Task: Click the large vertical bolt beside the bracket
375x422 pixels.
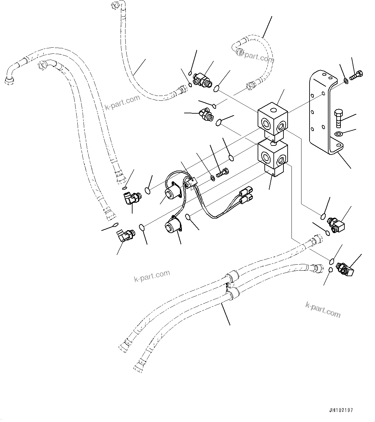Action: (338, 119)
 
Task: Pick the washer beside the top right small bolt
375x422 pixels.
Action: (346, 80)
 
